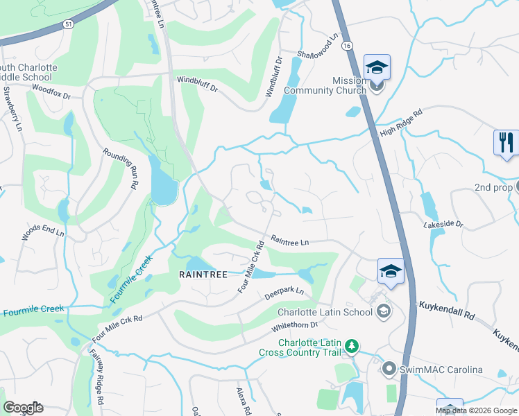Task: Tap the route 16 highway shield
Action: click(x=347, y=44)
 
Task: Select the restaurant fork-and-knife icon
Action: click(x=506, y=142)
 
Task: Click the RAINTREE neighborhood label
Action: click(x=203, y=275)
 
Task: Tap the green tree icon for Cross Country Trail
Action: click(x=352, y=345)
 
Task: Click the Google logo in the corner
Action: click(x=23, y=408)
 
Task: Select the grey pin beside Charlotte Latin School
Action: click(x=383, y=311)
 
